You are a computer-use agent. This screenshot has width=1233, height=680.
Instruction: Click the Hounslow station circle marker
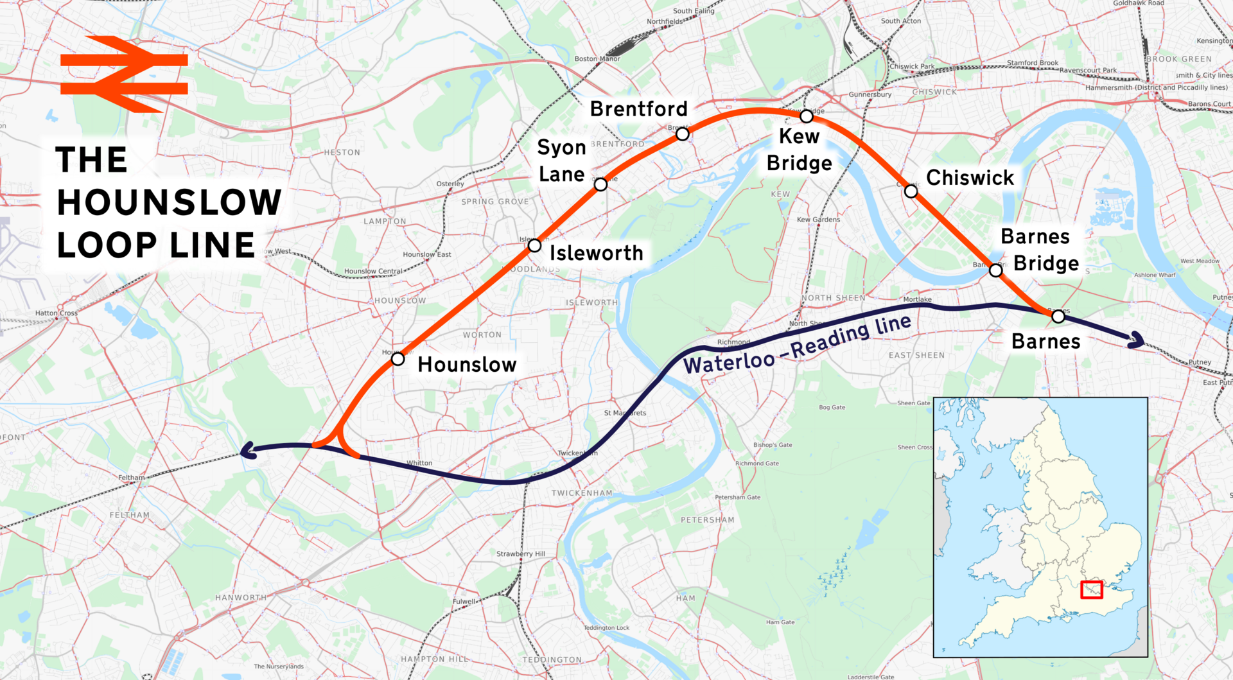pyautogui.click(x=398, y=359)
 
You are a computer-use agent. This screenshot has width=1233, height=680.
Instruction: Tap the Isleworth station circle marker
pyautogui.click(x=534, y=245)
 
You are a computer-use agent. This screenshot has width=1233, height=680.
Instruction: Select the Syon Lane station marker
pyautogui.click(x=600, y=185)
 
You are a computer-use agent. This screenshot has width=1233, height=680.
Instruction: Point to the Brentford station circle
pyautogui.click(x=683, y=134)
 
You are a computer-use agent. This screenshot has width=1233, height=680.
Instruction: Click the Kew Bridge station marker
pyautogui.click(x=807, y=117)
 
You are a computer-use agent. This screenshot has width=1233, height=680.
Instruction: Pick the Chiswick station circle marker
pyautogui.click(x=911, y=191)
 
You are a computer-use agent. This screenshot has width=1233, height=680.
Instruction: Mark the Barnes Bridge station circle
pyautogui.click(x=995, y=270)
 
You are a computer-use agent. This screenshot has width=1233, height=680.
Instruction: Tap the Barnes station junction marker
pyautogui.click(x=1058, y=316)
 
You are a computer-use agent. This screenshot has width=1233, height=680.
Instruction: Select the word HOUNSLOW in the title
pyautogui.click(x=170, y=202)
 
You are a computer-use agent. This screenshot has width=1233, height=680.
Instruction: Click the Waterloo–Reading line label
pyautogui.click(x=797, y=345)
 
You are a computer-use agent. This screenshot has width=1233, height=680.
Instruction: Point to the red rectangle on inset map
pyautogui.click(x=1091, y=589)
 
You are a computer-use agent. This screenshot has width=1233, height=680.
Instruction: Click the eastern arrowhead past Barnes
pyautogui.click(x=1137, y=340)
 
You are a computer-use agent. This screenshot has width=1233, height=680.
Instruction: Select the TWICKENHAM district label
pyautogui.click(x=582, y=493)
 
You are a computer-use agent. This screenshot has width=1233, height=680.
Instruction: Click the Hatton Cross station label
pyautogui.click(x=57, y=313)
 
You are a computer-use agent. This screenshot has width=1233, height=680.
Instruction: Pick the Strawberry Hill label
pyautogui.click(x=521, y=554)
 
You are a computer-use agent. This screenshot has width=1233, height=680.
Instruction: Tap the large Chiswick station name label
pyautogui.click(x=970, y=178)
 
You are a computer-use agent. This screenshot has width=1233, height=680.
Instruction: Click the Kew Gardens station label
pyautogui.click(x=818, y=220)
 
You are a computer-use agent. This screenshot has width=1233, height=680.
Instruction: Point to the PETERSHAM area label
pyautogui.click(x=707, y=520)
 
